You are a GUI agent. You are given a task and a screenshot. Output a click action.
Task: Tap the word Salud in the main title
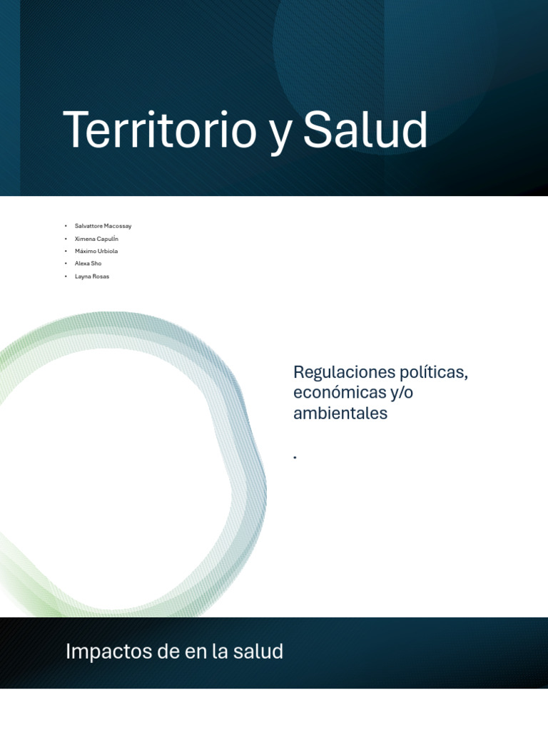(365, 130)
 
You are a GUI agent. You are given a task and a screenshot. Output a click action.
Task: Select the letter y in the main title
(280, 135)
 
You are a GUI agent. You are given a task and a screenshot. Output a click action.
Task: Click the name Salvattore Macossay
(103, 226)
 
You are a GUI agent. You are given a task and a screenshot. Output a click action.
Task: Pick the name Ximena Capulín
(96, 239)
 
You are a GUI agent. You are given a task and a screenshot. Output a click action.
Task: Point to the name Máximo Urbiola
(96, 251)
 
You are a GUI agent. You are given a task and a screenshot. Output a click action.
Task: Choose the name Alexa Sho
(88, 263)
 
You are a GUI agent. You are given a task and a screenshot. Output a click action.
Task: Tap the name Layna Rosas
(92, 276)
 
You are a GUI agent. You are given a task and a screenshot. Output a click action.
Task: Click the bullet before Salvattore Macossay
(65, 226)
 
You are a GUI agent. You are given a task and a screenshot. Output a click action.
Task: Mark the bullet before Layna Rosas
(65, 276)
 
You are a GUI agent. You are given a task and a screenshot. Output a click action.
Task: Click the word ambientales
(340, 413)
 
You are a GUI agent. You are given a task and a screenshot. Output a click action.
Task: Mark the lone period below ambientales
(295, 457)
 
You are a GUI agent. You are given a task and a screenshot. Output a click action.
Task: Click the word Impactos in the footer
(98, 652)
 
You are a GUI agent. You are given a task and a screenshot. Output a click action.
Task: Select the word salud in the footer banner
(263, 651)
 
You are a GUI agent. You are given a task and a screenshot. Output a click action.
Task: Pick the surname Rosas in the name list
(100, 276)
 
